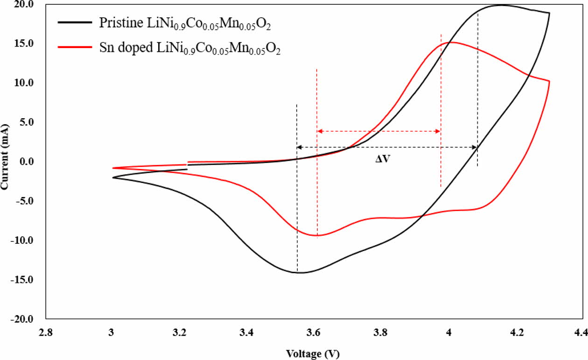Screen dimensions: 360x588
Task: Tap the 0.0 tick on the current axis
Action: (30, 162)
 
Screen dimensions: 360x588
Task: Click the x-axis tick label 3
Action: (111, 332)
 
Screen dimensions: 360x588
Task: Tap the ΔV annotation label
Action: (383, 159)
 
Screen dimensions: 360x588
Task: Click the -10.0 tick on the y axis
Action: (27, 240)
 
